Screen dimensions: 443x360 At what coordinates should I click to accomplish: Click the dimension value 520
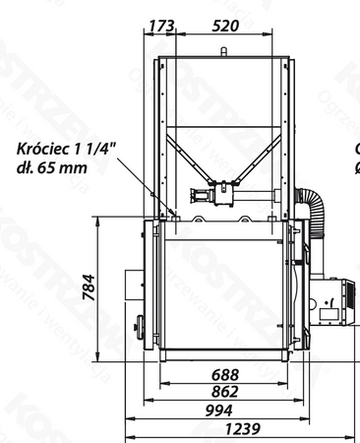coord(225,25)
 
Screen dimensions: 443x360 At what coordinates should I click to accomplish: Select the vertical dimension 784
coord(90,286)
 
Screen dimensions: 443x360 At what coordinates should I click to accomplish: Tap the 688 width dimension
coord(225,374)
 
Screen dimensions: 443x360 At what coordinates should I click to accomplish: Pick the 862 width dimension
coord(225,391)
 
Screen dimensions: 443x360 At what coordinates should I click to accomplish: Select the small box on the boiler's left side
coord(132,285)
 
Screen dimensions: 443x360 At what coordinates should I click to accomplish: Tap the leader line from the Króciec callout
coord(148,187)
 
